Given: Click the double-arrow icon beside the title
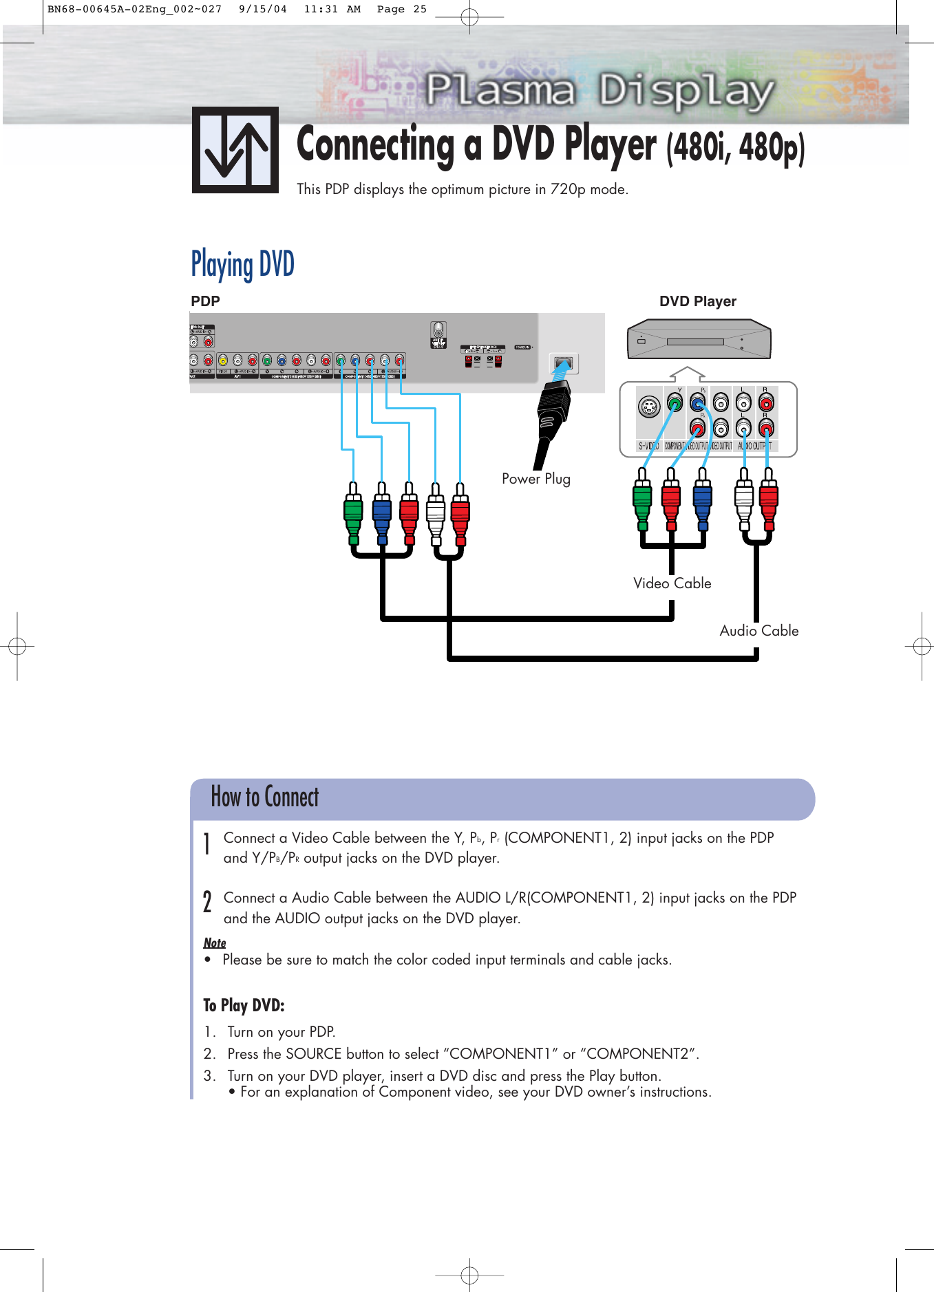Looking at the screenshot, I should click(x=235, y=150).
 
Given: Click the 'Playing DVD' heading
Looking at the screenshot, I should click(x=242, y=265).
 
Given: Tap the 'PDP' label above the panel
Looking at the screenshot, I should click(x=205, y=301).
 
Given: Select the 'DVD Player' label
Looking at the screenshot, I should click(x=697, y=301).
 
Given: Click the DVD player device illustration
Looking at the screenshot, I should click(x=699, y=339).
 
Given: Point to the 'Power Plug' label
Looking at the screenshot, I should click(x=535, y=479).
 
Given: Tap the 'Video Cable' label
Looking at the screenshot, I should click(x=672, y=583).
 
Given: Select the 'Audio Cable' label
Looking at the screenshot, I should click(x=758, y=631).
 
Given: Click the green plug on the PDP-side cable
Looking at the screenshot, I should click(x=353, y=513).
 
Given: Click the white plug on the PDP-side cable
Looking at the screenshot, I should click(x=436, y=513).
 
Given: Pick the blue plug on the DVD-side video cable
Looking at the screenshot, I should click(x=702, y=499).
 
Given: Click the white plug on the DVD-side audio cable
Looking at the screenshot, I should click(x=744, y=499).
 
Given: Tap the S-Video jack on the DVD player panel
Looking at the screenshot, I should click(x=648, y=407).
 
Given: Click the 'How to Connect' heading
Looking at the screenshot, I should click(x=264, y=797).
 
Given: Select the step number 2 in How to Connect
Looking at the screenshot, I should click(x=207, y=901).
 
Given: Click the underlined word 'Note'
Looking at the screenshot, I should click(x=215, y=943).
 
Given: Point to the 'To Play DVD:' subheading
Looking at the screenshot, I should click(x=244, y=1006).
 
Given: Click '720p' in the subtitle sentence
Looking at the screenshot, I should click(x=567, y=189).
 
